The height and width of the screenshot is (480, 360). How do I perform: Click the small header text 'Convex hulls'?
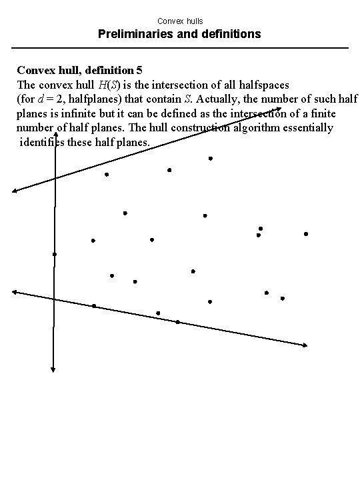point(180,21)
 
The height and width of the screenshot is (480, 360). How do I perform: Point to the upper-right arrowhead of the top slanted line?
point(279,110)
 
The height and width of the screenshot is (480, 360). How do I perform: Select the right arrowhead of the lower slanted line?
point(305,345)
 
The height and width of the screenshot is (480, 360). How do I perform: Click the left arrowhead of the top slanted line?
point(15,191)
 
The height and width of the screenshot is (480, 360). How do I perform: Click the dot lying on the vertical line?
point(55,254)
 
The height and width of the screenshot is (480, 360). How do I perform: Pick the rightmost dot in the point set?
point(305,234)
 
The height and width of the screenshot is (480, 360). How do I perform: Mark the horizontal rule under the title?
point(180,47)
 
